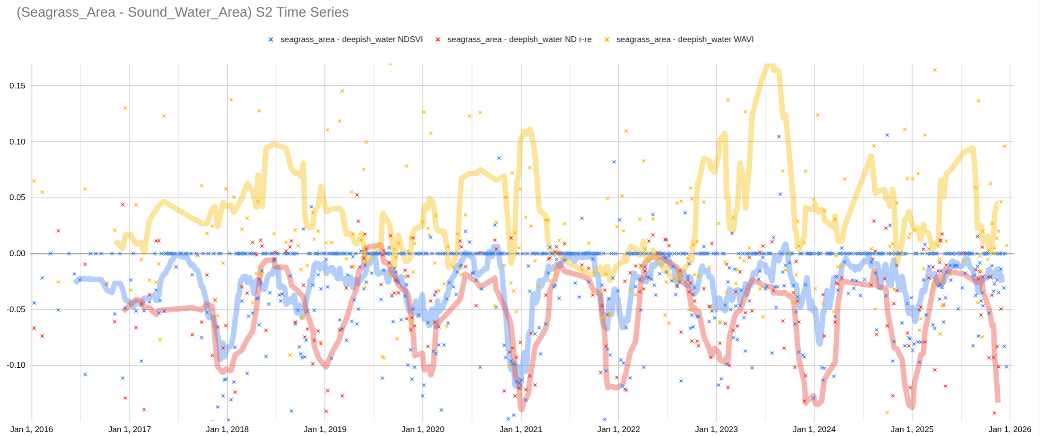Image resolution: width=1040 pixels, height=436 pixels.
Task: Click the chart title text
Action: coord(183,12)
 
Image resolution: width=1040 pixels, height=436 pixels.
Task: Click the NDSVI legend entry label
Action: coord(351,39)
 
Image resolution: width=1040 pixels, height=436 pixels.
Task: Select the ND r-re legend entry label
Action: coord(519,39)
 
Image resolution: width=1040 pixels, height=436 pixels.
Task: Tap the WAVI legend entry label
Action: coord(685,39)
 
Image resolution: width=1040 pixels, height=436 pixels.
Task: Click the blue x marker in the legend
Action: coord(271,39)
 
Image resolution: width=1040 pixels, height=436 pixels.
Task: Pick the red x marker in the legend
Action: coord(438,39)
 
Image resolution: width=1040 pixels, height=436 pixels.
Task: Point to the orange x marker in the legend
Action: coord(607,39)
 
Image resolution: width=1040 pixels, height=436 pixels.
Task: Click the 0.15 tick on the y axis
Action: coord(18,86)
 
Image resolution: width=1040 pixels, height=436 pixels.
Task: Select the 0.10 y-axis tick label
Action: coord(18,142)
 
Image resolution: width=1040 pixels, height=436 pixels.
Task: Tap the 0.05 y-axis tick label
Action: coord(18,197)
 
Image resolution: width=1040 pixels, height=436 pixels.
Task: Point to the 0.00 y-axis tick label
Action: coord(18,253)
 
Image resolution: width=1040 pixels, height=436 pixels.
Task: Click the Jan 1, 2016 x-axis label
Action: coord(32,429)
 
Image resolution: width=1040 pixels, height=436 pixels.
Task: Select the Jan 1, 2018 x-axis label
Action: coord(227,429)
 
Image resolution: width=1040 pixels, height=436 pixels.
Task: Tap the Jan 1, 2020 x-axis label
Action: coord(423,429)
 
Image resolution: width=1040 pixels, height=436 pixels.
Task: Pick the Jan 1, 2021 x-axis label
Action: coord(521,429)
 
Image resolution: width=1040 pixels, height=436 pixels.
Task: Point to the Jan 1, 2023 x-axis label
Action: coord(716,429)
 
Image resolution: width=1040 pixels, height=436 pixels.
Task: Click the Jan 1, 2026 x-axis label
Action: coord(1010,429)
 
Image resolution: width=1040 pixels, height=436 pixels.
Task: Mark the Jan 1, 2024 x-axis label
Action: coord(814,429)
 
